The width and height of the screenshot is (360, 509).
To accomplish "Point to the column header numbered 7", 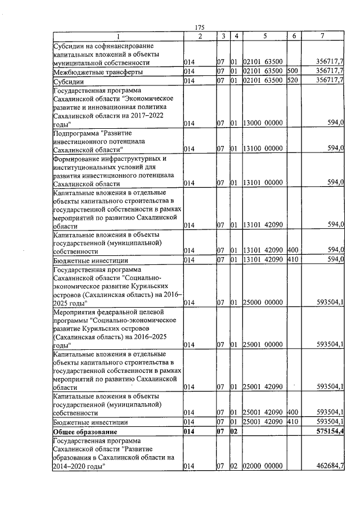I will (321, 37).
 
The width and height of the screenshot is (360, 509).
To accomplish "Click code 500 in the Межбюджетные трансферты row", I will (291, 72).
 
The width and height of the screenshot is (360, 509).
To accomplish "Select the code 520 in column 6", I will (291, 82).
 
